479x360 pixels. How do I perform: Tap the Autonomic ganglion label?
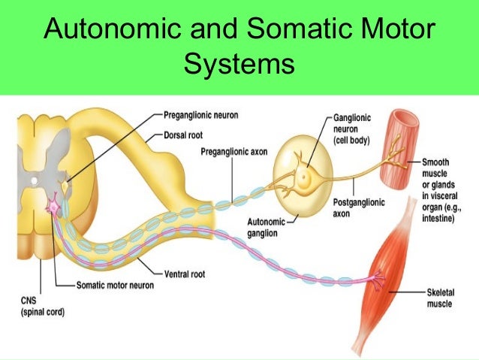click(272, 227)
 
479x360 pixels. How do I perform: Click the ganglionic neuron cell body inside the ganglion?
click(304, 178)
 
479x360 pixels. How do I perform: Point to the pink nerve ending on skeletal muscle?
click(375, 280)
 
